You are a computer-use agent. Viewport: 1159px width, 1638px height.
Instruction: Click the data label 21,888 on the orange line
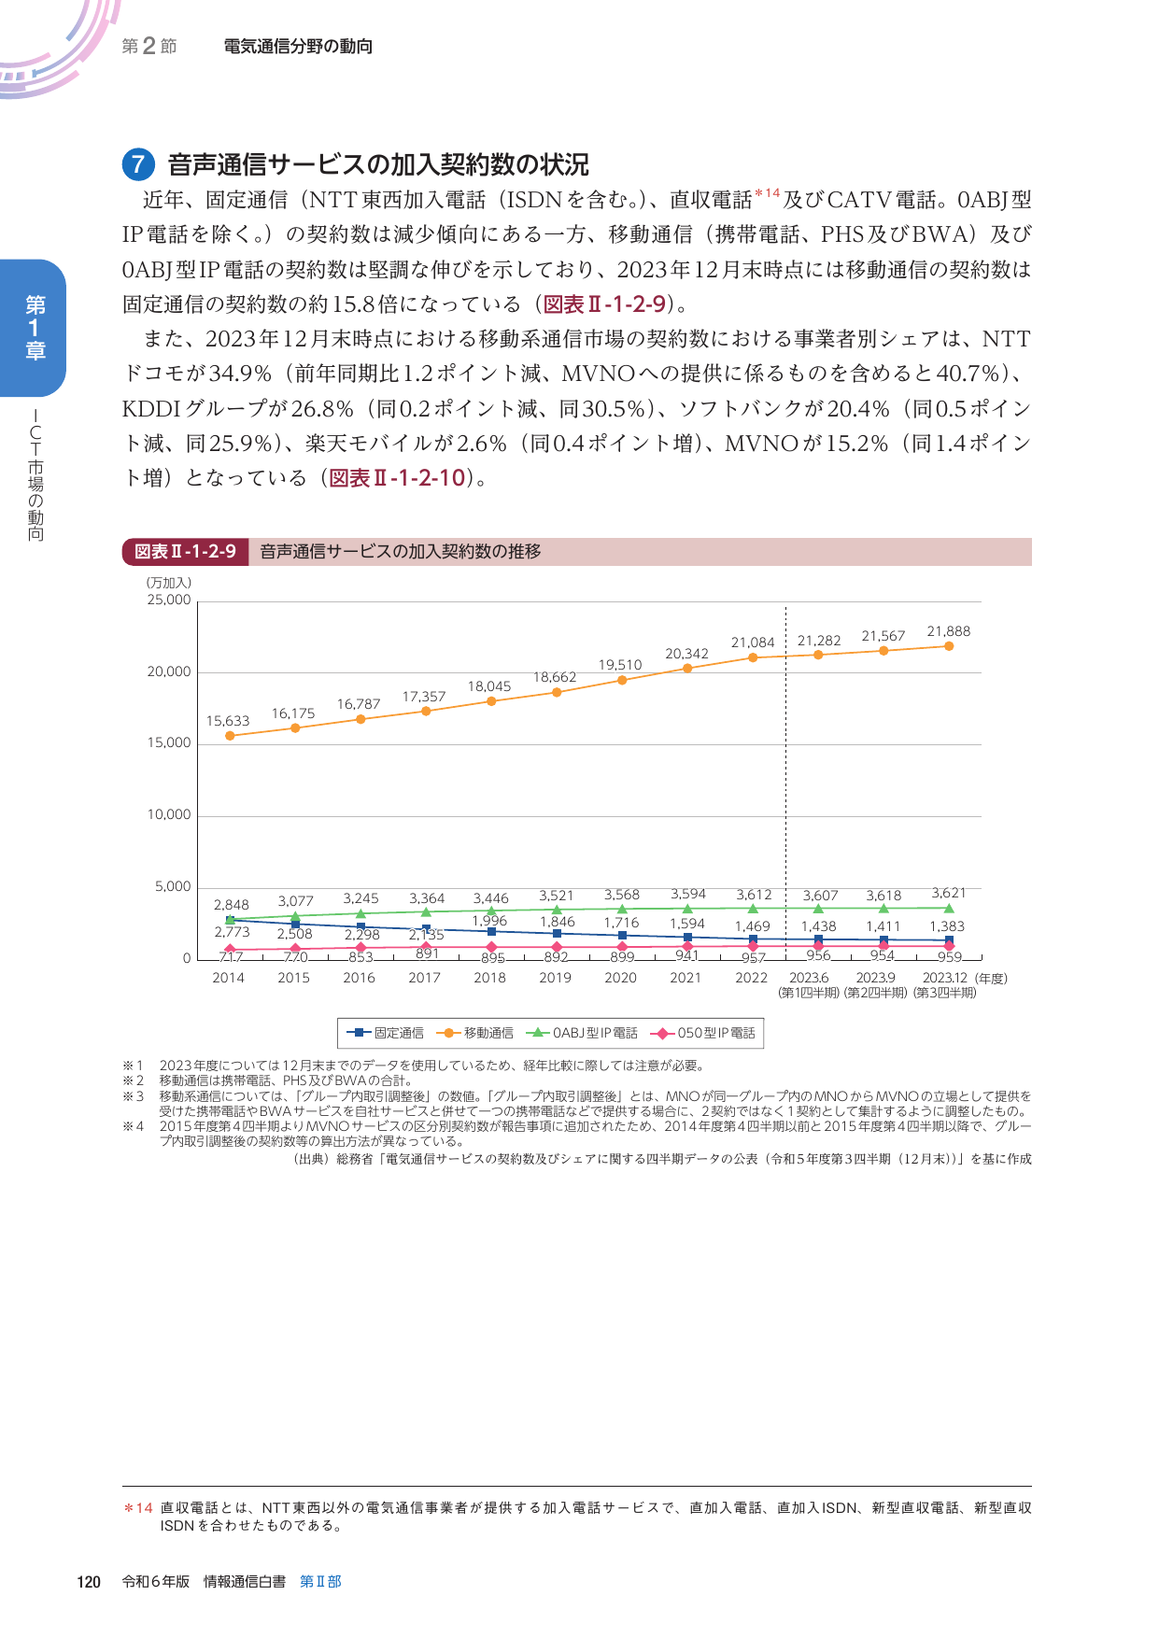click(948, 632)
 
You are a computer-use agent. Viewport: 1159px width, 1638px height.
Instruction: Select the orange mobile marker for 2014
click(230, 736)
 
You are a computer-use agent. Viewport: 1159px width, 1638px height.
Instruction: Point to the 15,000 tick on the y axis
click(169, 743)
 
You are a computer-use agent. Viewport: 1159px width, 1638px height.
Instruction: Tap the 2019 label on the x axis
click(555, 978)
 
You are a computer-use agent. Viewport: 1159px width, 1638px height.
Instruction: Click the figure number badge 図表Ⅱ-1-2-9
click(185, 552)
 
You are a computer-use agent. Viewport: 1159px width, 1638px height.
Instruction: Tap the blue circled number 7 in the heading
click(137, 165)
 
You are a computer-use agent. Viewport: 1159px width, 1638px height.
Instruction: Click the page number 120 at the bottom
click(89, 1582)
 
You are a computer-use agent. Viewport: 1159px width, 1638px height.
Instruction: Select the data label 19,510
click(620, 665)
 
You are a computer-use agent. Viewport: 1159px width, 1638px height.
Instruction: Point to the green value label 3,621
click(948, 894)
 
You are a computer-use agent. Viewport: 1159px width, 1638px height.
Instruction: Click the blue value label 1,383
click(946, 926)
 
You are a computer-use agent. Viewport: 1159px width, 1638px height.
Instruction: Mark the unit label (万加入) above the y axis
click(169, 583)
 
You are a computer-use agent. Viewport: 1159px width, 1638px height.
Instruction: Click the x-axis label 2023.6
click(809, 978)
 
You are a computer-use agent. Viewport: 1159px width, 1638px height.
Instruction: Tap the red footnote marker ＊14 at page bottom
click(138, 1508)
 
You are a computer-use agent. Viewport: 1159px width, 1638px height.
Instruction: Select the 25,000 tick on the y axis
click(169, 600)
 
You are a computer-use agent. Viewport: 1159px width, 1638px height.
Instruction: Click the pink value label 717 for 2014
click(230, 957)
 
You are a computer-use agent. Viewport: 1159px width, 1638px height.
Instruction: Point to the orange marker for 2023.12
click(949, 646)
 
